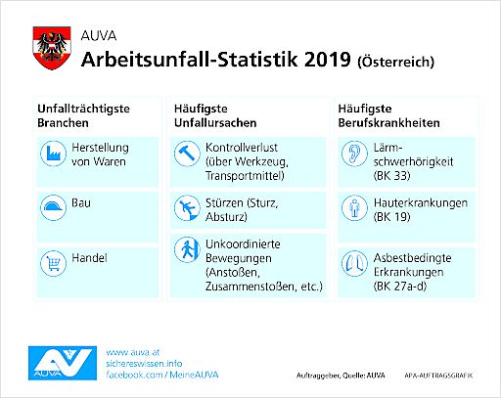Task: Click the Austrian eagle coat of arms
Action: (52, 45)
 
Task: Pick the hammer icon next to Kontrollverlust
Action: (185, 155)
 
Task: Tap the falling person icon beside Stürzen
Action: (185, 208)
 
